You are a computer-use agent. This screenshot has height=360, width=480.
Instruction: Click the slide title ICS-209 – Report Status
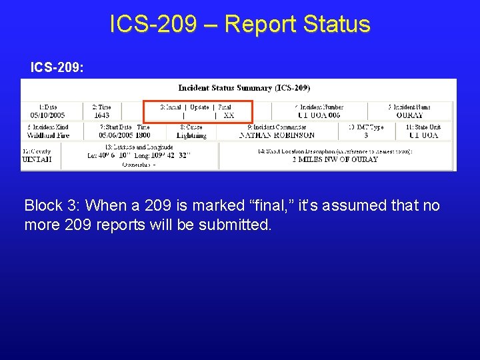point(240,24)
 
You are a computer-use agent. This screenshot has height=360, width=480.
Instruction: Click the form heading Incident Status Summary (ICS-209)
point(244,88)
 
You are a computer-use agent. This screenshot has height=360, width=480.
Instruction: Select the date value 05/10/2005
point(42,115)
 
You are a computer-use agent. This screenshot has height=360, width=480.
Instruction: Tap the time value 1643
point(101,115)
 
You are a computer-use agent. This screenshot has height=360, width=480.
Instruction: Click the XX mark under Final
point(229,115)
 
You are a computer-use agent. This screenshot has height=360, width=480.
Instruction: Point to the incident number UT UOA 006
point(317,115)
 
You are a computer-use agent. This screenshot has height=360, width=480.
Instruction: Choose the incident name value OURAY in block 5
point(409,115)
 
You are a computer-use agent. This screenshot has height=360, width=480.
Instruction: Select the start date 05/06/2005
point(116,135)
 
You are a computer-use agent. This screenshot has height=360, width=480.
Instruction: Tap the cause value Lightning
point(191,135)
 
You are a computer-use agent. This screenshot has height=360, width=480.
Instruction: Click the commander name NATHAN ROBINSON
point(277,135)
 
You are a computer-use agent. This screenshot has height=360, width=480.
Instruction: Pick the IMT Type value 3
point(365,135)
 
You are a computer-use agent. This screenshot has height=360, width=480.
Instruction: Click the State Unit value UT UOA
point(423,135)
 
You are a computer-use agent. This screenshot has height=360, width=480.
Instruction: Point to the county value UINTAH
point(37,159)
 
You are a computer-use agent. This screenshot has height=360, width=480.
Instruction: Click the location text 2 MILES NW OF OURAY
point(335,159)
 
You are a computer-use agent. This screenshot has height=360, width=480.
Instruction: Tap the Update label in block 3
point(199,107)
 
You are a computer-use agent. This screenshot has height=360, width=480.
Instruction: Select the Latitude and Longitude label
point(139,147)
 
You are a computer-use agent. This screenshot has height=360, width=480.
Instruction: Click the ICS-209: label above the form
point(57,67)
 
